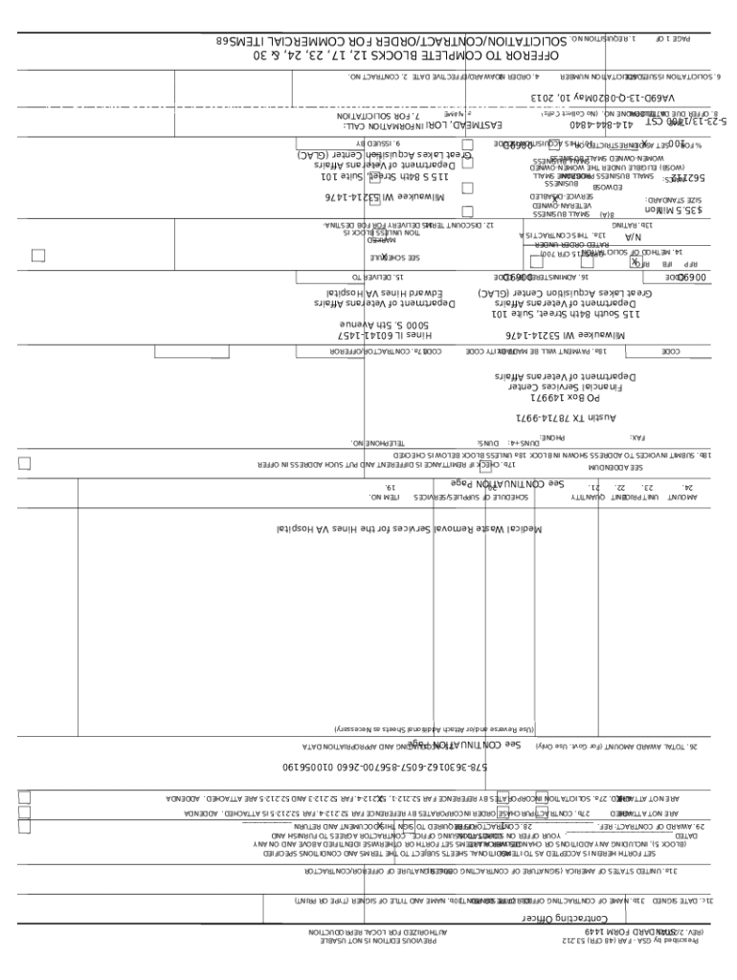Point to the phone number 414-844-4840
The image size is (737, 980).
pos(567,125)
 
